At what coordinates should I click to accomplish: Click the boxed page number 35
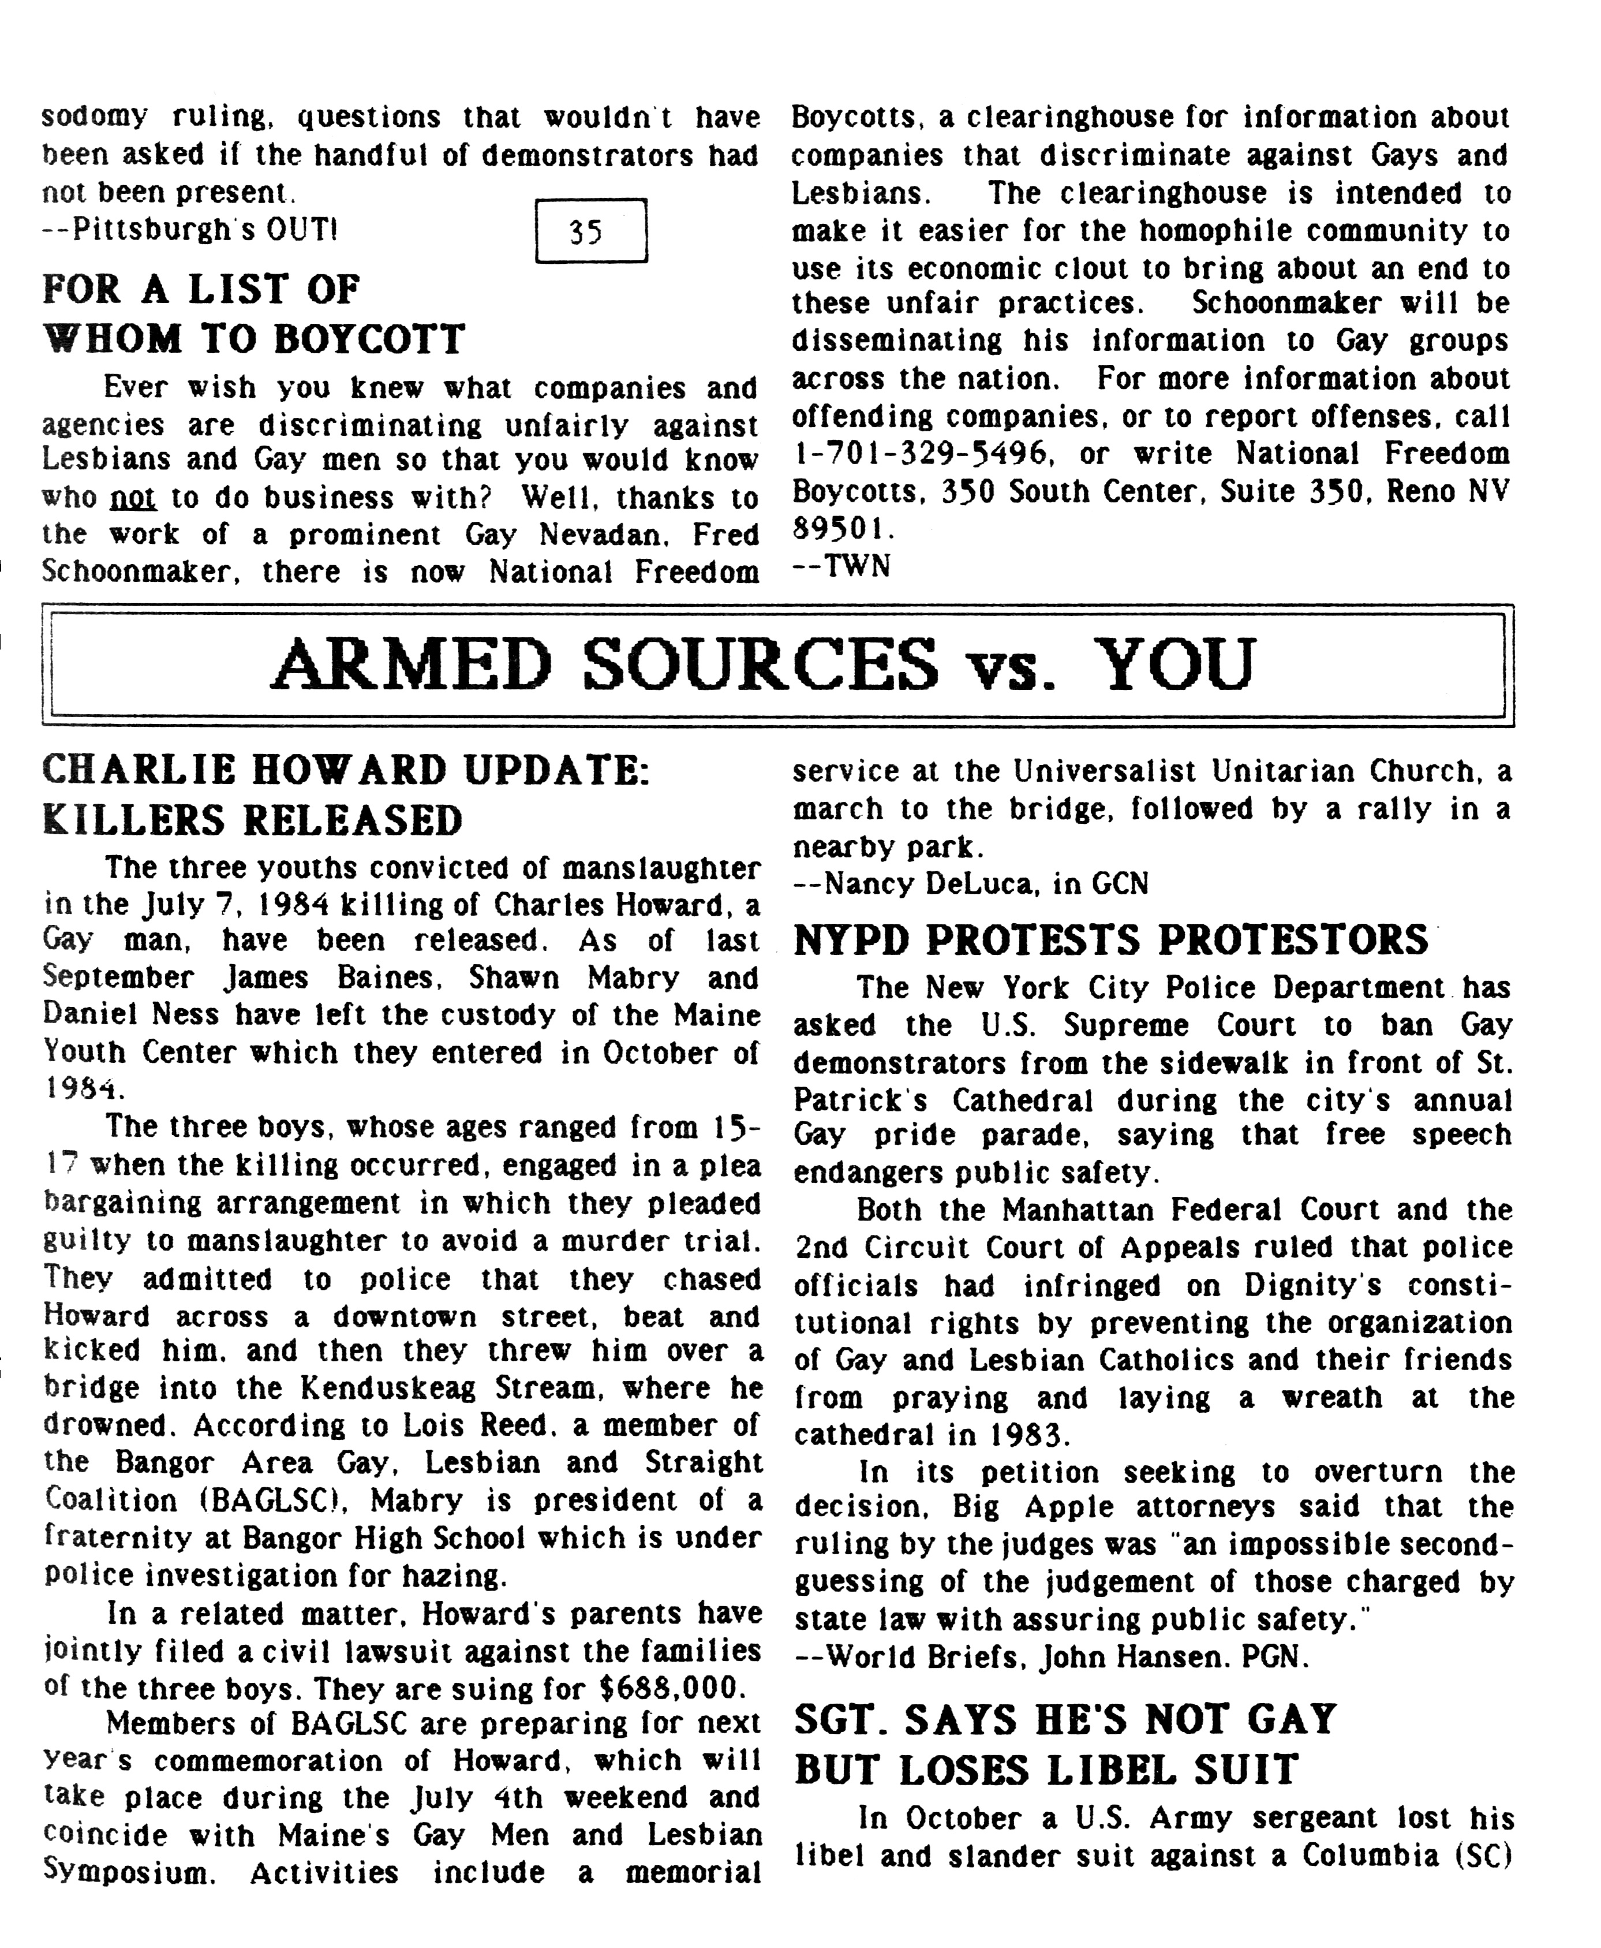pyautogui.click(x=590, y=230)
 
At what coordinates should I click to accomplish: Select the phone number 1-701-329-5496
pyautogui.click(x=930, y=454)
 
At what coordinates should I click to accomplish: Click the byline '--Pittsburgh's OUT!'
pyautogui.click(x=190, y=229)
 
